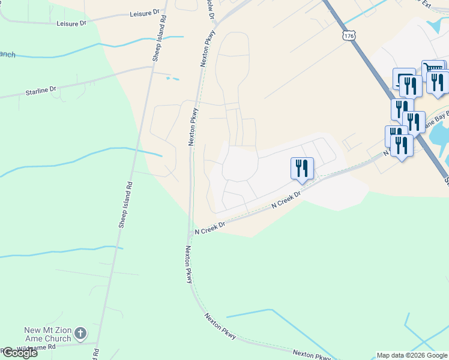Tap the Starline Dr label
tap(41, 90)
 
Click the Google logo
tap(19, 353)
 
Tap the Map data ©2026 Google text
tap(411, 355)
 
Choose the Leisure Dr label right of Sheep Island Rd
tap(145, 12)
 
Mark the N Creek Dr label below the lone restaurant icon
tap(285, 201)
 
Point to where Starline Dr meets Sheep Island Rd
tap(149, 68)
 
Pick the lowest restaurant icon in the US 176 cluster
tap(402, 146)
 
